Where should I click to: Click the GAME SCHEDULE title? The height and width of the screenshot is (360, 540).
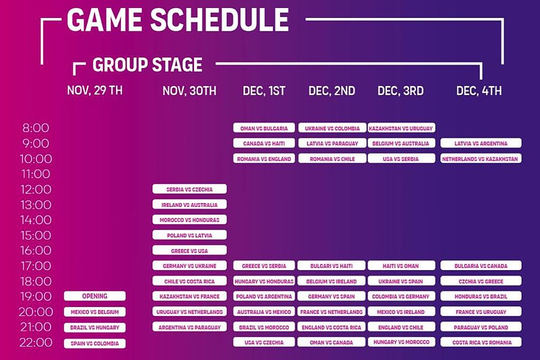pos(178,20)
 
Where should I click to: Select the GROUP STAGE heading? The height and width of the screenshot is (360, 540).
pos(147,65)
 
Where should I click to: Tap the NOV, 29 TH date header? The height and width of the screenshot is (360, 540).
pos(94,90)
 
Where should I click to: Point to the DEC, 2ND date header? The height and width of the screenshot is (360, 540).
pos(332,91)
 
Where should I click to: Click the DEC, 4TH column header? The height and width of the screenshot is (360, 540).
pos(479,91)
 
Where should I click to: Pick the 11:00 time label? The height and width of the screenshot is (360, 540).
pos(36,174)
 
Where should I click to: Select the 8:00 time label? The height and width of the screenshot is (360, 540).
pos(36,128)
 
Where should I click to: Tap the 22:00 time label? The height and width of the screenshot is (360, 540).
pos(36,343)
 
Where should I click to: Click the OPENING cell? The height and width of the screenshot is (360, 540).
pos(94,296)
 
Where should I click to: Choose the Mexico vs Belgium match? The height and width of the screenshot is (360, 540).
pos(94,312)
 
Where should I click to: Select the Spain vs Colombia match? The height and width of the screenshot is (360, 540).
pos(94,344)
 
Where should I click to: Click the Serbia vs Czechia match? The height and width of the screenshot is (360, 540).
pos(190,189)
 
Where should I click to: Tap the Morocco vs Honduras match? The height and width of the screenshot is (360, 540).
pos(190,220)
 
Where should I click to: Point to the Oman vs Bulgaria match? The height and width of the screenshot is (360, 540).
pos(264,128)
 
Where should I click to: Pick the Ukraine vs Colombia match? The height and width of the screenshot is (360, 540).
pos(332,128)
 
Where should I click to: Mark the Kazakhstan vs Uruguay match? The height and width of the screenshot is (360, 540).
pos(401,128)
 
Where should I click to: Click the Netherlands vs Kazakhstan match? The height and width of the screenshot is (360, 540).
pos(481,159)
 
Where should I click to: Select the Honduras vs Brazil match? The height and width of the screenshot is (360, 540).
pos(481,296)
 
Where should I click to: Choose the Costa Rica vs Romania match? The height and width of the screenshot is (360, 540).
pos(481,343)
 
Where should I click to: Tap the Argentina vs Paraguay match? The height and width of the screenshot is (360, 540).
pos(190,327)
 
